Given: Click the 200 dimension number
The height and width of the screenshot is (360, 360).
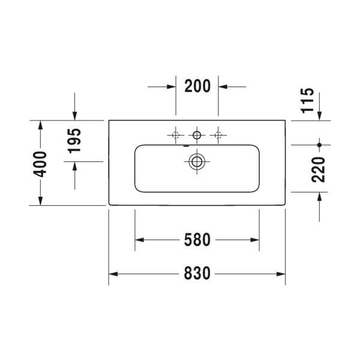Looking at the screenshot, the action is (x=197, y=86).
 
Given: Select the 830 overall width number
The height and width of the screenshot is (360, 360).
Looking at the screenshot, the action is (x=197, y=273).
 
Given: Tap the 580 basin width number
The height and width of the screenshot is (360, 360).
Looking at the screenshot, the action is (x=197, y=239).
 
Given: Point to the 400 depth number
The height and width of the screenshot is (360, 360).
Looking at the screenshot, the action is (x=40, y=164).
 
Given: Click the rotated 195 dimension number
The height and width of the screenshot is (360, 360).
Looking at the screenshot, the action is (x=74, y=140).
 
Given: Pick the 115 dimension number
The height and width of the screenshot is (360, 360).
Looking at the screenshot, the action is (x=308, y=101).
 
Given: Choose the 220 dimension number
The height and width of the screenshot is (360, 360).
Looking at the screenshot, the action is (x=319, y=170).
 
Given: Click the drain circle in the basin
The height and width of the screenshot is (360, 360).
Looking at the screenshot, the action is (x=197, y=161).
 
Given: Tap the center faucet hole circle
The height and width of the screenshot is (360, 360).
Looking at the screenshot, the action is (x=197, y=135).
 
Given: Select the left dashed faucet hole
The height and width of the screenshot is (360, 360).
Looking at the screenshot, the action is (x=176, y=135).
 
